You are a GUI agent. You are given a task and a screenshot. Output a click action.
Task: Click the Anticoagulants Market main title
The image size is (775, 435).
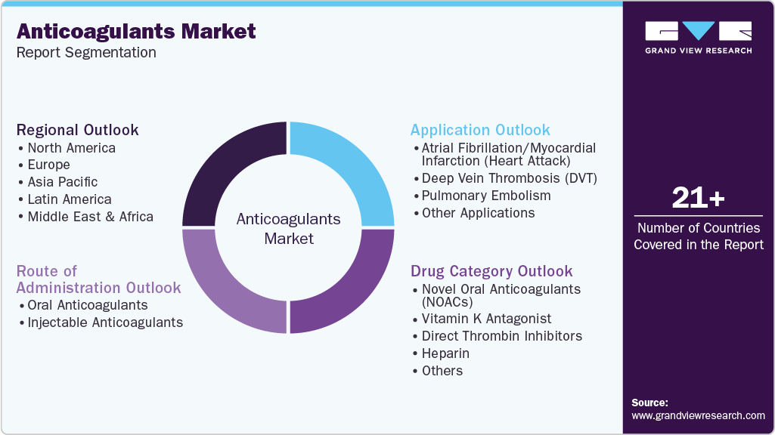[136, 32]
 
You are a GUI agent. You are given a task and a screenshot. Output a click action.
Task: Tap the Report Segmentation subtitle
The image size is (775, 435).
[86, 53]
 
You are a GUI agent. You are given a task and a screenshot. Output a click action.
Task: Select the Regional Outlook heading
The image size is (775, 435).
[78, 130]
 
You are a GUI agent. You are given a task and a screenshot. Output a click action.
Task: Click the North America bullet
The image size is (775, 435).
[71, 148]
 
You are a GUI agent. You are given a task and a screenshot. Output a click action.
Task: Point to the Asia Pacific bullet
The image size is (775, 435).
[62, 182]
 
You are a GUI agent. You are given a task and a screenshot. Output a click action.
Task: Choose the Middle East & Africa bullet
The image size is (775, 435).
[90, 217]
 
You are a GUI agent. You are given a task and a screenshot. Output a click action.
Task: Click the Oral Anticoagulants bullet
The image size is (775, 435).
[87, 305]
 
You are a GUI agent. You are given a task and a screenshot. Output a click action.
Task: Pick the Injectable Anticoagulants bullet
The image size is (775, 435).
[105, 322]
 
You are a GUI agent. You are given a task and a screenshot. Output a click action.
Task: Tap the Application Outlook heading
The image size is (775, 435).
[480, 130]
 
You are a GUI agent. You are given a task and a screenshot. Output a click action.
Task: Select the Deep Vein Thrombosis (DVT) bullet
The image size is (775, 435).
[509, 178]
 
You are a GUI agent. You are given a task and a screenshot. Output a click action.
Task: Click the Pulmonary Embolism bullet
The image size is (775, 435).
[486, 196]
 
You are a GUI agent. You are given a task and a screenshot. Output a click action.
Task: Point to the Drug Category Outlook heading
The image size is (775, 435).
[491, 271]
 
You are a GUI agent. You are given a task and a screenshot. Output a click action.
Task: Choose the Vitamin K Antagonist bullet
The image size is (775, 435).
[486, 319]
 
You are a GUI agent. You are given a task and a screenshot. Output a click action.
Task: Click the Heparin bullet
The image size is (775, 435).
[445, 353]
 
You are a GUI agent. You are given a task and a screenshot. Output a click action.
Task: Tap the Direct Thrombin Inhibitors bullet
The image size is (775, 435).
[501, 336]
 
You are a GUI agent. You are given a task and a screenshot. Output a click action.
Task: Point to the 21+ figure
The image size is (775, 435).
[698, 198]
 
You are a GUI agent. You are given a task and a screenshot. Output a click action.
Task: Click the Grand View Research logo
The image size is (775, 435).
[698, 37]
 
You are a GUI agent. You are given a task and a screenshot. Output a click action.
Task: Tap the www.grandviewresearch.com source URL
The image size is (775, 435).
[698, 415]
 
